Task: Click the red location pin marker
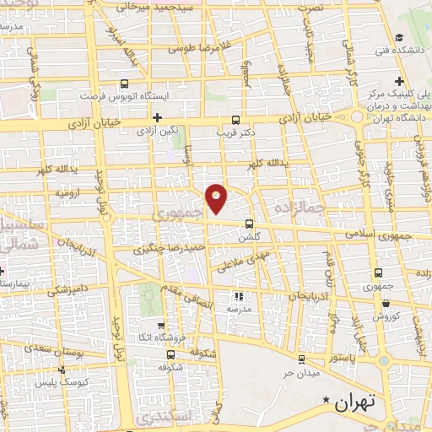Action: click(x=217, y=198)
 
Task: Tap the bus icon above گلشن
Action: click(x=248, y=224)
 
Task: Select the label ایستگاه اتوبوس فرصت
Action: click(x=127, y=96)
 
